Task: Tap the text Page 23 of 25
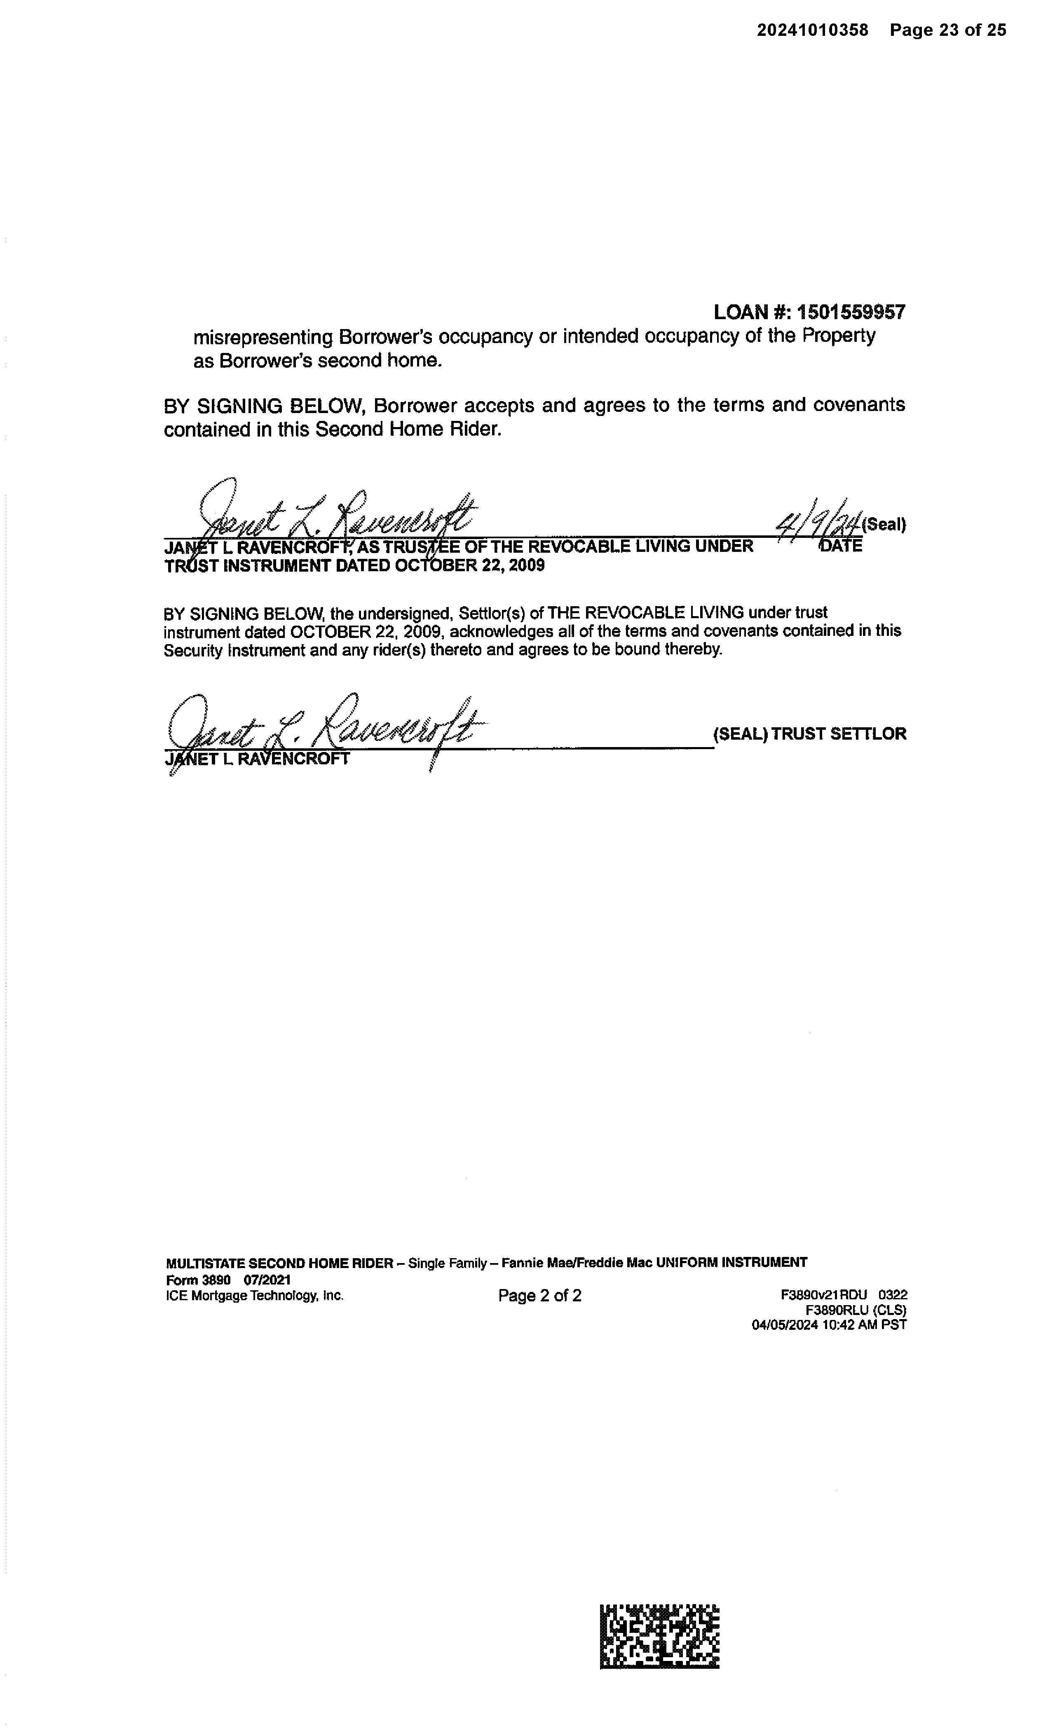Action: point(947,30)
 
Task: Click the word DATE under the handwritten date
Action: point(841,547)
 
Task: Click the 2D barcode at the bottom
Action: point(659,1635)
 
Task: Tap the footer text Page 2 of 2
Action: point(540,1296)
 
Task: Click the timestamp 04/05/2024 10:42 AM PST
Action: point(829,1325)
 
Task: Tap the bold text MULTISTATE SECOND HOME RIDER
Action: point(279,1263)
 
